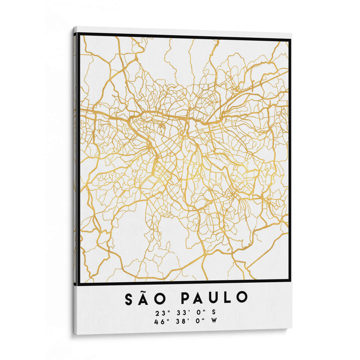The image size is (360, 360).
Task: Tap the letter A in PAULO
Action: [201, 297]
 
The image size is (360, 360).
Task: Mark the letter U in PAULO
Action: [215, 297]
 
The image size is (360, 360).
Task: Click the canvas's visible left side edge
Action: [74, 180]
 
